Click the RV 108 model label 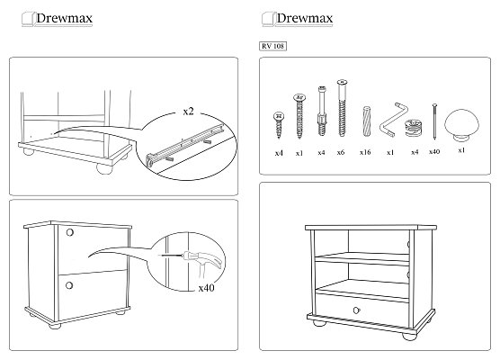click(x=273, y=46)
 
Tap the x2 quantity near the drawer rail click(x=189, y=112)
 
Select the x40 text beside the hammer click(x=206, y=288)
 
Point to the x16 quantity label click(x=365, y=152)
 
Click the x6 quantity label click(x=341, y=153)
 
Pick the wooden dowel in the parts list click(x=367, y=121)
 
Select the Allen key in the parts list click(x=394, y=120)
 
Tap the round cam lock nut click(x=414, y=128)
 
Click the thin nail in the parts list click(x=434, y=121)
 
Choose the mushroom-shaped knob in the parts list click(x=461, y=124)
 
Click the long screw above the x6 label click(x=342, y=108)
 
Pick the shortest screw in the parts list click(x=279, y=125)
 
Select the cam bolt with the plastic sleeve click(x=322, y=111)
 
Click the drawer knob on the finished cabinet click(x=356, y=310)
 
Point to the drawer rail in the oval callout click(x=185, y=144)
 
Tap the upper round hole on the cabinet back click(x=70, y=232)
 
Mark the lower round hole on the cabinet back click(x=69, y=285)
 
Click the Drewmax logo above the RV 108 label click(x=297, y=19)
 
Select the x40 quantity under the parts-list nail click(x=434, y=151)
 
